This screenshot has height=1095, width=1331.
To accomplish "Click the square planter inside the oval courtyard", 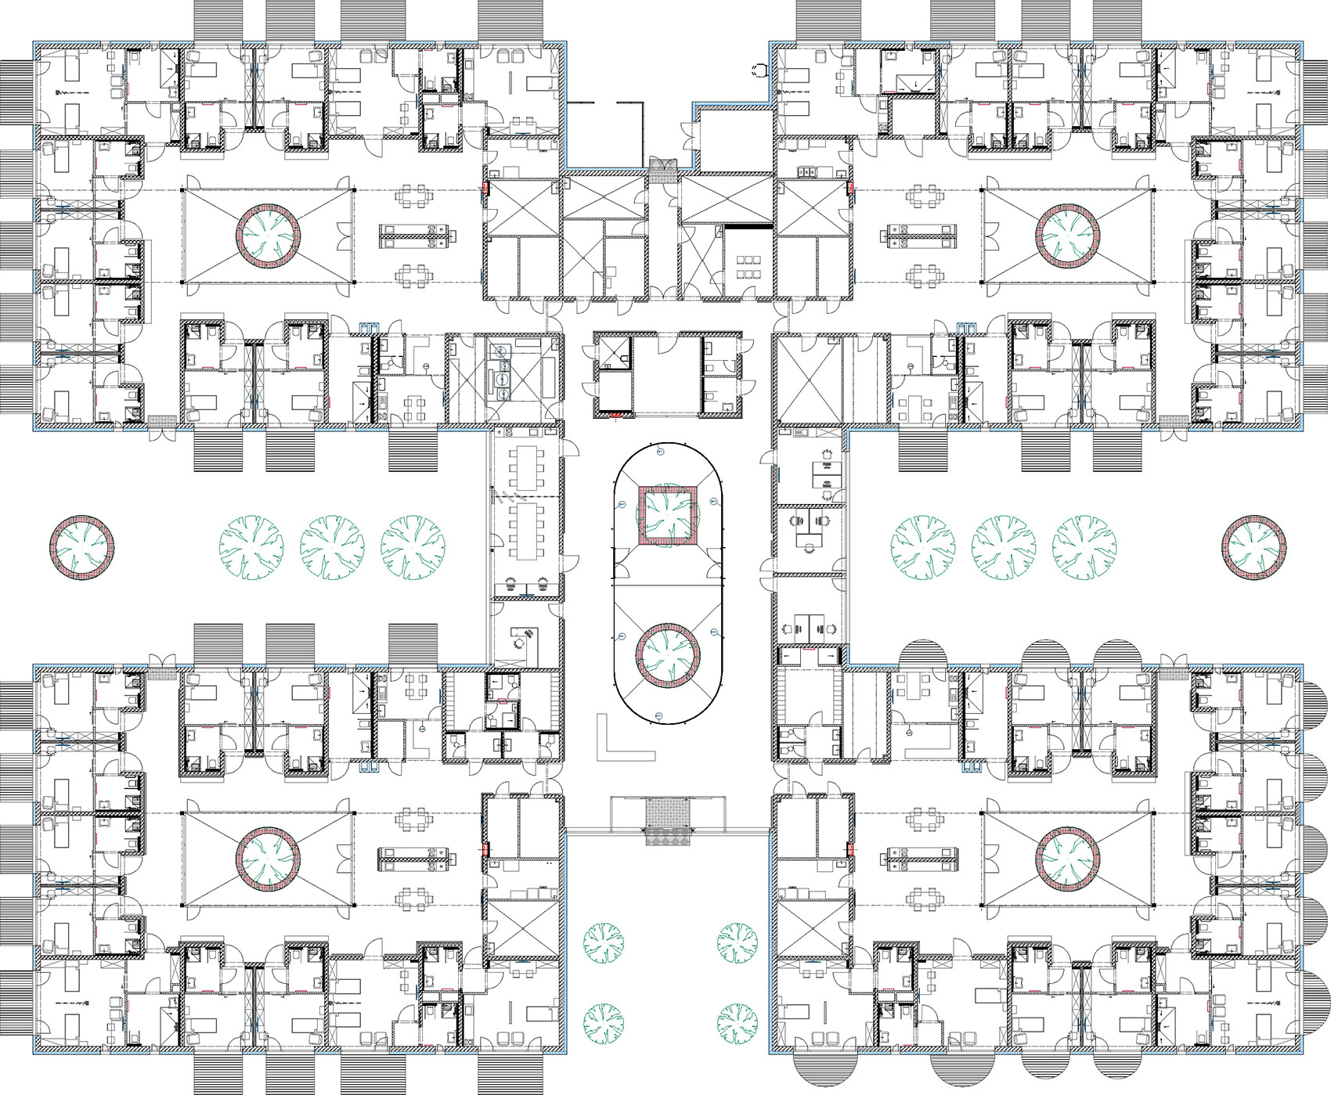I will (668, 515).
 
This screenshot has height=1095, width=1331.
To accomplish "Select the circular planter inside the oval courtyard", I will (667, 655).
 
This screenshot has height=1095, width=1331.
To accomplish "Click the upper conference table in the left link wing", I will (524, 467).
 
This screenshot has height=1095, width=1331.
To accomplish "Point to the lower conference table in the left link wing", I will (524, 529).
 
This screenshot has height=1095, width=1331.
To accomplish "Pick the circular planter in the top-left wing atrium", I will (268, 234).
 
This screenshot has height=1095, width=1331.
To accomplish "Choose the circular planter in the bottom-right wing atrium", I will (1068, 859).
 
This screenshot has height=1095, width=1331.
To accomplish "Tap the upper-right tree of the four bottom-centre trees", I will (737, 942).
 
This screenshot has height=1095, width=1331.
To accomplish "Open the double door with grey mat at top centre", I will (662, 165).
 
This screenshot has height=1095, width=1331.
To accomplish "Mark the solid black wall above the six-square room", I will (748, 226).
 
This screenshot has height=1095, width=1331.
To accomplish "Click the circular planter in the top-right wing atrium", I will (1068, 234).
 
